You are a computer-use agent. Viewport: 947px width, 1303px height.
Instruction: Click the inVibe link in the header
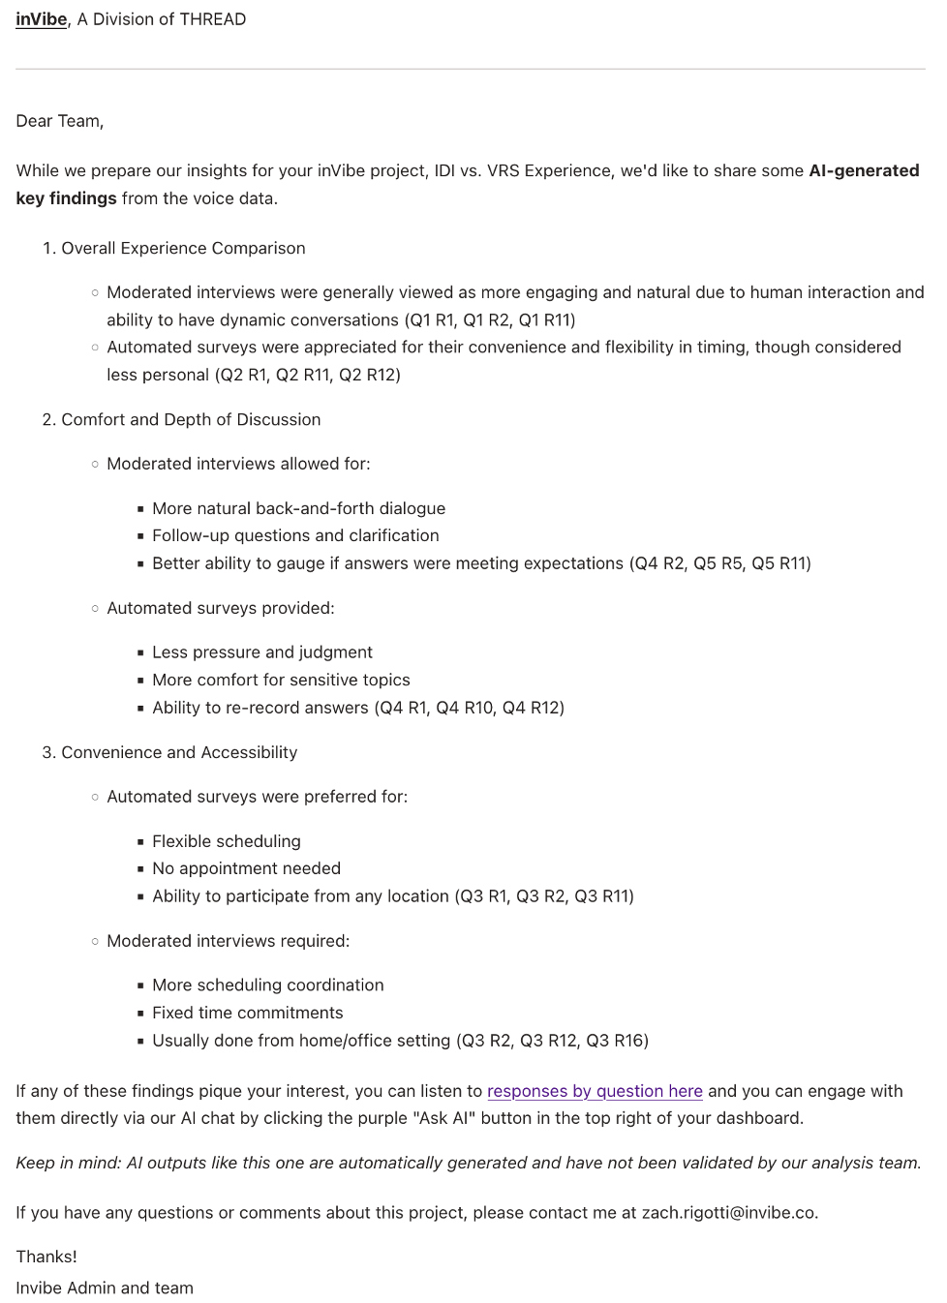pos(42,19)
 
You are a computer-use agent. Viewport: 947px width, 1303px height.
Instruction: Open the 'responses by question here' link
pos(595,1091)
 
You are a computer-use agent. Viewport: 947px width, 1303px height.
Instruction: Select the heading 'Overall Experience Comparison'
pos(183,248)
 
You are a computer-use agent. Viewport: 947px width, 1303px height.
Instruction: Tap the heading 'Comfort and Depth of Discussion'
pos(191,419)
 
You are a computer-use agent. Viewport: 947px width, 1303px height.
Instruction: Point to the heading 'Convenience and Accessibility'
pos(179,752)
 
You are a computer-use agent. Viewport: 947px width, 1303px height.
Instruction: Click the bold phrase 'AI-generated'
pos(864,170)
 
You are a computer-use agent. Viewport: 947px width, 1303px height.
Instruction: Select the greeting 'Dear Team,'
pos(60,121)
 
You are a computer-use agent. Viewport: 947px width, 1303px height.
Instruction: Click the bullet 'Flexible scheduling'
pos(227,841)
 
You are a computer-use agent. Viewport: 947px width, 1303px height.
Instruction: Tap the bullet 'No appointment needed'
pos(246,868)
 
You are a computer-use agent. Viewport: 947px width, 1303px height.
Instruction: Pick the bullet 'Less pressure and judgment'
pos(261,652)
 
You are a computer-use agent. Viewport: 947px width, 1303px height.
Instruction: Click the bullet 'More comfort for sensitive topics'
pos(281,680)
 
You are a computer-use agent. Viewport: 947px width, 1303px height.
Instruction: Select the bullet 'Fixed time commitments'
pos(247,1013)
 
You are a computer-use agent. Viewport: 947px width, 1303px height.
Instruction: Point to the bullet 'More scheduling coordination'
pos(267,985)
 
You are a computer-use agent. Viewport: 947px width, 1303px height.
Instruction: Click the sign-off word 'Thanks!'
pos(46,1257)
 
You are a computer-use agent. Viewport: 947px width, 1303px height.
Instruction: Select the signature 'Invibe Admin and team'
pos(105,1288)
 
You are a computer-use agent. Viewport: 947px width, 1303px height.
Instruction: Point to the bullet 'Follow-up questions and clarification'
pos(295,535)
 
